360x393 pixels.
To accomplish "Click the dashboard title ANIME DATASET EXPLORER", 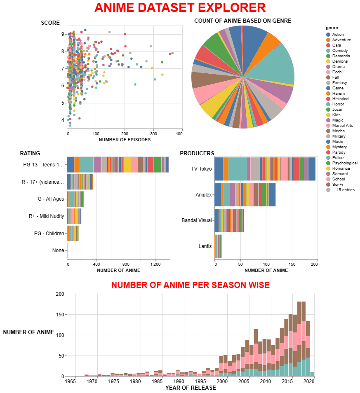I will tap(180, 7).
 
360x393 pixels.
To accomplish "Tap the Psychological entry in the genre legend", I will tap(345, 163).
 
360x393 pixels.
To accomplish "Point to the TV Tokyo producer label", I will tap(201, 169).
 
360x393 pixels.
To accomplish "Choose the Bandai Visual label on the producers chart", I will tap(197, 220).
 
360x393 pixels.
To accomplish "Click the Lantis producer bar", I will tap(218, 246).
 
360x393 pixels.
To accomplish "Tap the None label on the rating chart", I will tap(58, 250).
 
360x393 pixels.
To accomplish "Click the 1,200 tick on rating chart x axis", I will tap(155, 264).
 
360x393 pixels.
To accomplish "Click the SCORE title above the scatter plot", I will tap(50, 23).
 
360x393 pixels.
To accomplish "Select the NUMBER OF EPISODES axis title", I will tap(125, 140).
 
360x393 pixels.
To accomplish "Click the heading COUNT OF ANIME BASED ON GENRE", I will tap(242, 21).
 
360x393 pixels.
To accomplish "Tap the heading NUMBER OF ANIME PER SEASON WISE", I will tap(191, 285).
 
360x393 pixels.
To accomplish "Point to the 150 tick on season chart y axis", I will tap(61, 314).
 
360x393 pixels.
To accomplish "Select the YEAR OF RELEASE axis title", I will tap(190, 388).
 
